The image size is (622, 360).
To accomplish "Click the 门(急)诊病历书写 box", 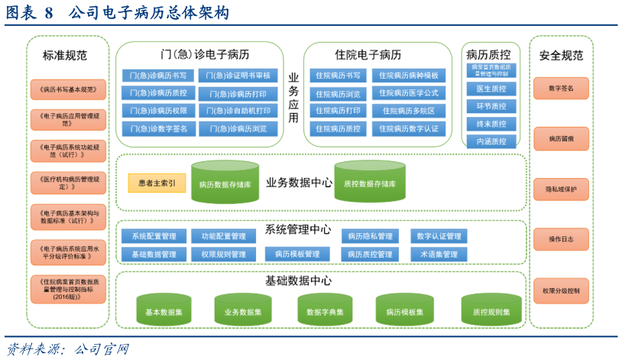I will coord(158,76).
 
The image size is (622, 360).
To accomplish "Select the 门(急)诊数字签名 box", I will coord(158,128).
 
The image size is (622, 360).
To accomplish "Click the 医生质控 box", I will coord(491,89).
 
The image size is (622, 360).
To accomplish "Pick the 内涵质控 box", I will coord(491,141).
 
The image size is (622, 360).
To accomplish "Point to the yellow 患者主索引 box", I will coord(157,183).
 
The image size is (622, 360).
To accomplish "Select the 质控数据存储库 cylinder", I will coord(370,182).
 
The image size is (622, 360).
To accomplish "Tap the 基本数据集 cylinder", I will coord(164,311).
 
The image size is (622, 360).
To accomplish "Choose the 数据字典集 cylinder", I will coord(325,311).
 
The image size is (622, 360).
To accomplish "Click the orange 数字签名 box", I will coord(561,89).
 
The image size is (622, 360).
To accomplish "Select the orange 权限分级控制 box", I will coord(561,290).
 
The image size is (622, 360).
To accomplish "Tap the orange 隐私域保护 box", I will coord(561,189).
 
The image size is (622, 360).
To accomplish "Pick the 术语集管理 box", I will coord(439,254).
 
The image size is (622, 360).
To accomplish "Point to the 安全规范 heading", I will coord(561,55).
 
